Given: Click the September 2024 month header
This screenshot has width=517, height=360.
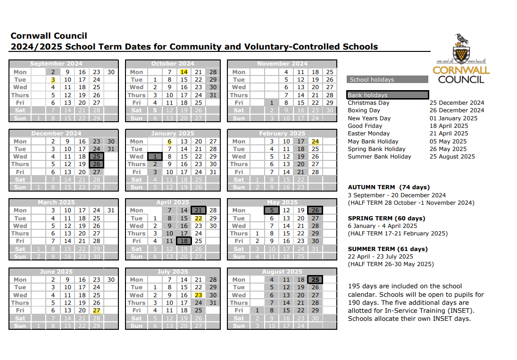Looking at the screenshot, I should [x=56, y=64].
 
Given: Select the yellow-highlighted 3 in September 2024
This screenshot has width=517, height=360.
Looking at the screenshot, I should [x=53, y=80].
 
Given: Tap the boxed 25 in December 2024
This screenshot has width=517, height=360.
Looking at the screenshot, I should [x=97, y=156].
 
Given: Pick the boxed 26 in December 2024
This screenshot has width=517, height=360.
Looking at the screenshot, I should [x=97, y=164].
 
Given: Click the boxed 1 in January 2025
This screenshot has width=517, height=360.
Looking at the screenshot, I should [x=155, y=156].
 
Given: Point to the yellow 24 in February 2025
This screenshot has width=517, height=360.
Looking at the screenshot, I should [x=315, y=141].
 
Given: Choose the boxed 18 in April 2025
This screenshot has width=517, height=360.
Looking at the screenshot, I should [x=184, y=241].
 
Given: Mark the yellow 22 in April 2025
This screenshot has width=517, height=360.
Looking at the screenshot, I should [x=199, y=218].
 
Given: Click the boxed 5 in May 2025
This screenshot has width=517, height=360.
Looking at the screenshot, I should [x=272, y=210].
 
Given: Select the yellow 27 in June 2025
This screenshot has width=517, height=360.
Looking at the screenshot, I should [x=97, y=310].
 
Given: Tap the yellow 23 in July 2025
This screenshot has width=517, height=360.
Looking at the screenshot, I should [x=199, y=295].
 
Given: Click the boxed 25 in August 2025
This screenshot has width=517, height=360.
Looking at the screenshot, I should [x=315, y=279].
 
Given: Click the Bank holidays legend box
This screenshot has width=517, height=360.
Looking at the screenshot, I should [x=388, y=95].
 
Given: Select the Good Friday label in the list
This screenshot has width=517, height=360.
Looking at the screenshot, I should [x=362, y=126].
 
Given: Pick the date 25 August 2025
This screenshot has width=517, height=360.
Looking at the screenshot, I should [x=452, y=157].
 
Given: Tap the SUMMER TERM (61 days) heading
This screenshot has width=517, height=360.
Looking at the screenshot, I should [x=388, y=249].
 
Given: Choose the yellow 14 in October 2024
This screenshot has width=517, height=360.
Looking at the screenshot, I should [x=184, y=72].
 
